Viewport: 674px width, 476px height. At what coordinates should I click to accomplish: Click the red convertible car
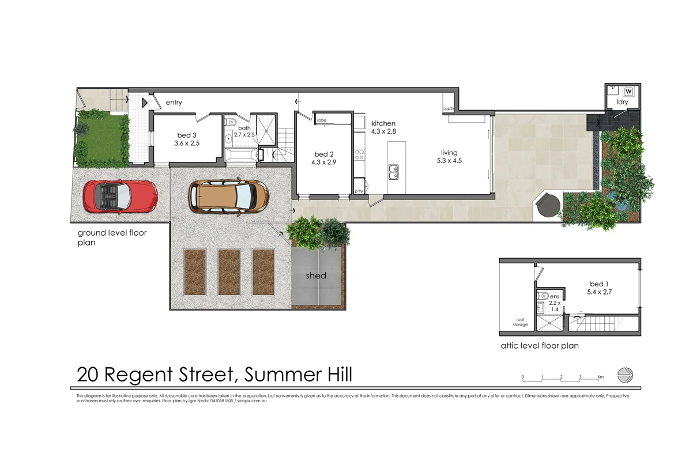coord(121,196)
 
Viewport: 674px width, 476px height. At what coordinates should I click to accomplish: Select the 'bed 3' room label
coord(187,135)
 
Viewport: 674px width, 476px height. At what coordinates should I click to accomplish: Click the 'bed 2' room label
coord(324,154)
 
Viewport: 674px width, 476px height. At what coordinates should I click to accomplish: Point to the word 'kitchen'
coord(383,123)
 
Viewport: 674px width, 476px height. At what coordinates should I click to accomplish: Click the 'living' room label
coord(449,153)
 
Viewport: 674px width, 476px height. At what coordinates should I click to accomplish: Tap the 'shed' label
coord(316,275)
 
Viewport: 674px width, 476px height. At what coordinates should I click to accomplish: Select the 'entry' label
coord(174,103)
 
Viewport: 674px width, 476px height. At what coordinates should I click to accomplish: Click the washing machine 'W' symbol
coord(628,91)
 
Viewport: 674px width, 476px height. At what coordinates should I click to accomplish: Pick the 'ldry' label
coord(622,102)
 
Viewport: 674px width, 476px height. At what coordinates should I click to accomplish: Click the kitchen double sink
coord(394,171)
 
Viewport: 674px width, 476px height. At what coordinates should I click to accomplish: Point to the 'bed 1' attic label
coord(598,284)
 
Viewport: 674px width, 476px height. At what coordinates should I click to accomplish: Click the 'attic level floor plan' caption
coord(540,346)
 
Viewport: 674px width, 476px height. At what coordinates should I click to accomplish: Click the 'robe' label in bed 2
coord(322,120)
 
